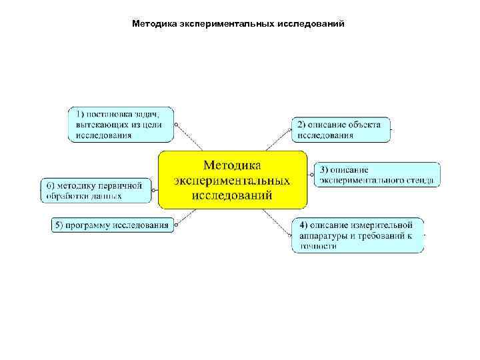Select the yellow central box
click(232, 179)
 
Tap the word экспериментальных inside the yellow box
click(232, 180)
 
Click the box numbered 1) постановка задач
click(120, 124)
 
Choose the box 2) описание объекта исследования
click(340, 129)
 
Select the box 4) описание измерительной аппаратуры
click(357, 235)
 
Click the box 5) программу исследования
click(113, 225)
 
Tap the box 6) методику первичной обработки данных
click(96, 189)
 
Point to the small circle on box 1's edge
click(177, 124)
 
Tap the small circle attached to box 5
click(177, 225)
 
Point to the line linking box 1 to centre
click(190, 138)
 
